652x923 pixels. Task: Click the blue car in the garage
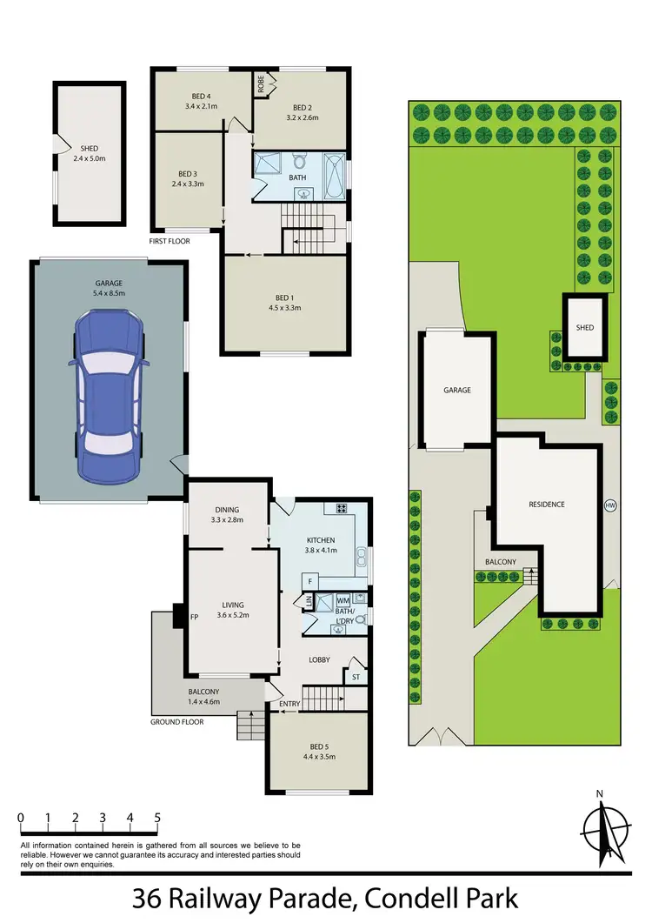pos(110,398)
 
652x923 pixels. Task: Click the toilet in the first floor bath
pos(299,163)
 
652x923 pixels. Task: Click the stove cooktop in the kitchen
pos(342,509)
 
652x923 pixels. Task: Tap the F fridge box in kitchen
pos(309,580)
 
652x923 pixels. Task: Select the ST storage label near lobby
pos(355,676)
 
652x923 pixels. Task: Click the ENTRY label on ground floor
pos(289,705)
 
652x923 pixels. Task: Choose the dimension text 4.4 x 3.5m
pos(311,757)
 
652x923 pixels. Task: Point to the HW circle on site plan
pos(609,505)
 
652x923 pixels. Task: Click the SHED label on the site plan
pos(584,328)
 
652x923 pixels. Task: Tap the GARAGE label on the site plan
pos(457,391)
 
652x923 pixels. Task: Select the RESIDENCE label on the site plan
pos(547,505)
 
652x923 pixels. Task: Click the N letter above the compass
pos(600,793)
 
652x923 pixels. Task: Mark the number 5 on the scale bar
pos(157,818)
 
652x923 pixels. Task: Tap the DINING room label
pos(224,511)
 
